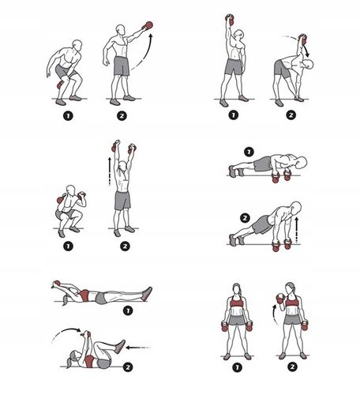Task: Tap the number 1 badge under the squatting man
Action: pos(74,246)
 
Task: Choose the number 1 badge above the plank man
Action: pos(249,151)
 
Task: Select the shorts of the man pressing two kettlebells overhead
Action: pos(122,201)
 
